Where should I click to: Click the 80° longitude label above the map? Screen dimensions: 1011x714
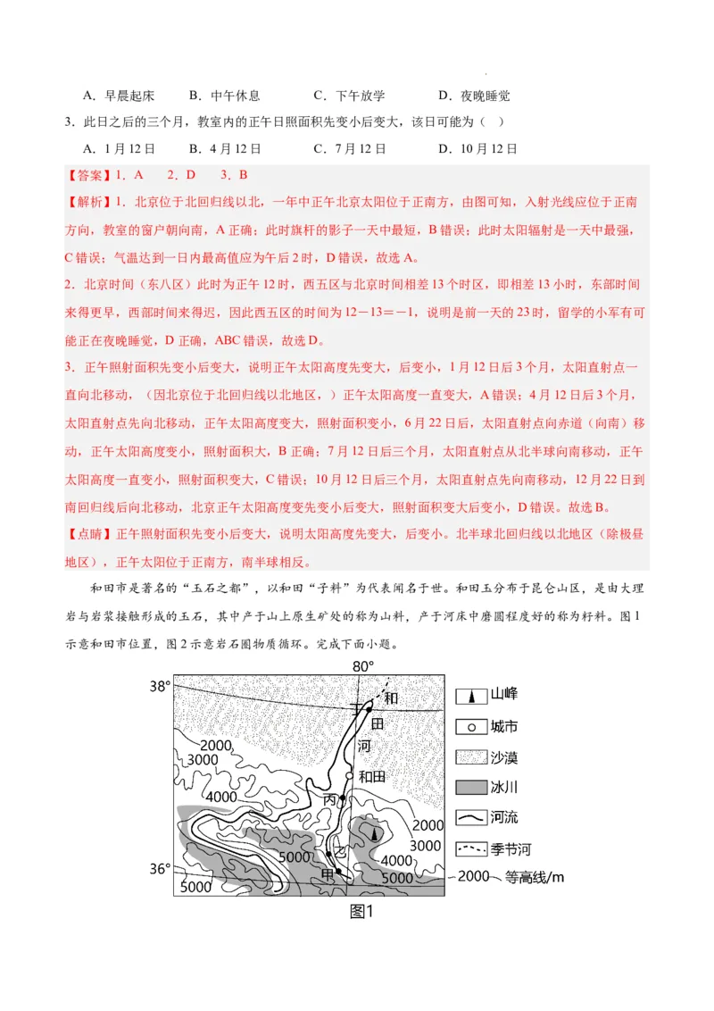[362, 666]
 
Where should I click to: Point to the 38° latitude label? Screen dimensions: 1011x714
[160, 687]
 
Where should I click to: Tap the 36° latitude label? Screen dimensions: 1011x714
[160, 868]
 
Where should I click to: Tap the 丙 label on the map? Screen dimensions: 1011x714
[330, 799]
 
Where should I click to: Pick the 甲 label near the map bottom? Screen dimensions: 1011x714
[328, 873]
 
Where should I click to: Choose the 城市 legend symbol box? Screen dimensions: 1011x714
[470, 727]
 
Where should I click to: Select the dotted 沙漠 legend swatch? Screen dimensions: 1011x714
[470, 757]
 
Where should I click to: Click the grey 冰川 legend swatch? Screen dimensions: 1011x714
[470, 788]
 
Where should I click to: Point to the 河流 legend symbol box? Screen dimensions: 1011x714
[470, 817]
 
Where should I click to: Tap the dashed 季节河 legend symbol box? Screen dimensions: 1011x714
[470, 848]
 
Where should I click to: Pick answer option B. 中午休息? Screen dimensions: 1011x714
[224, 96]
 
